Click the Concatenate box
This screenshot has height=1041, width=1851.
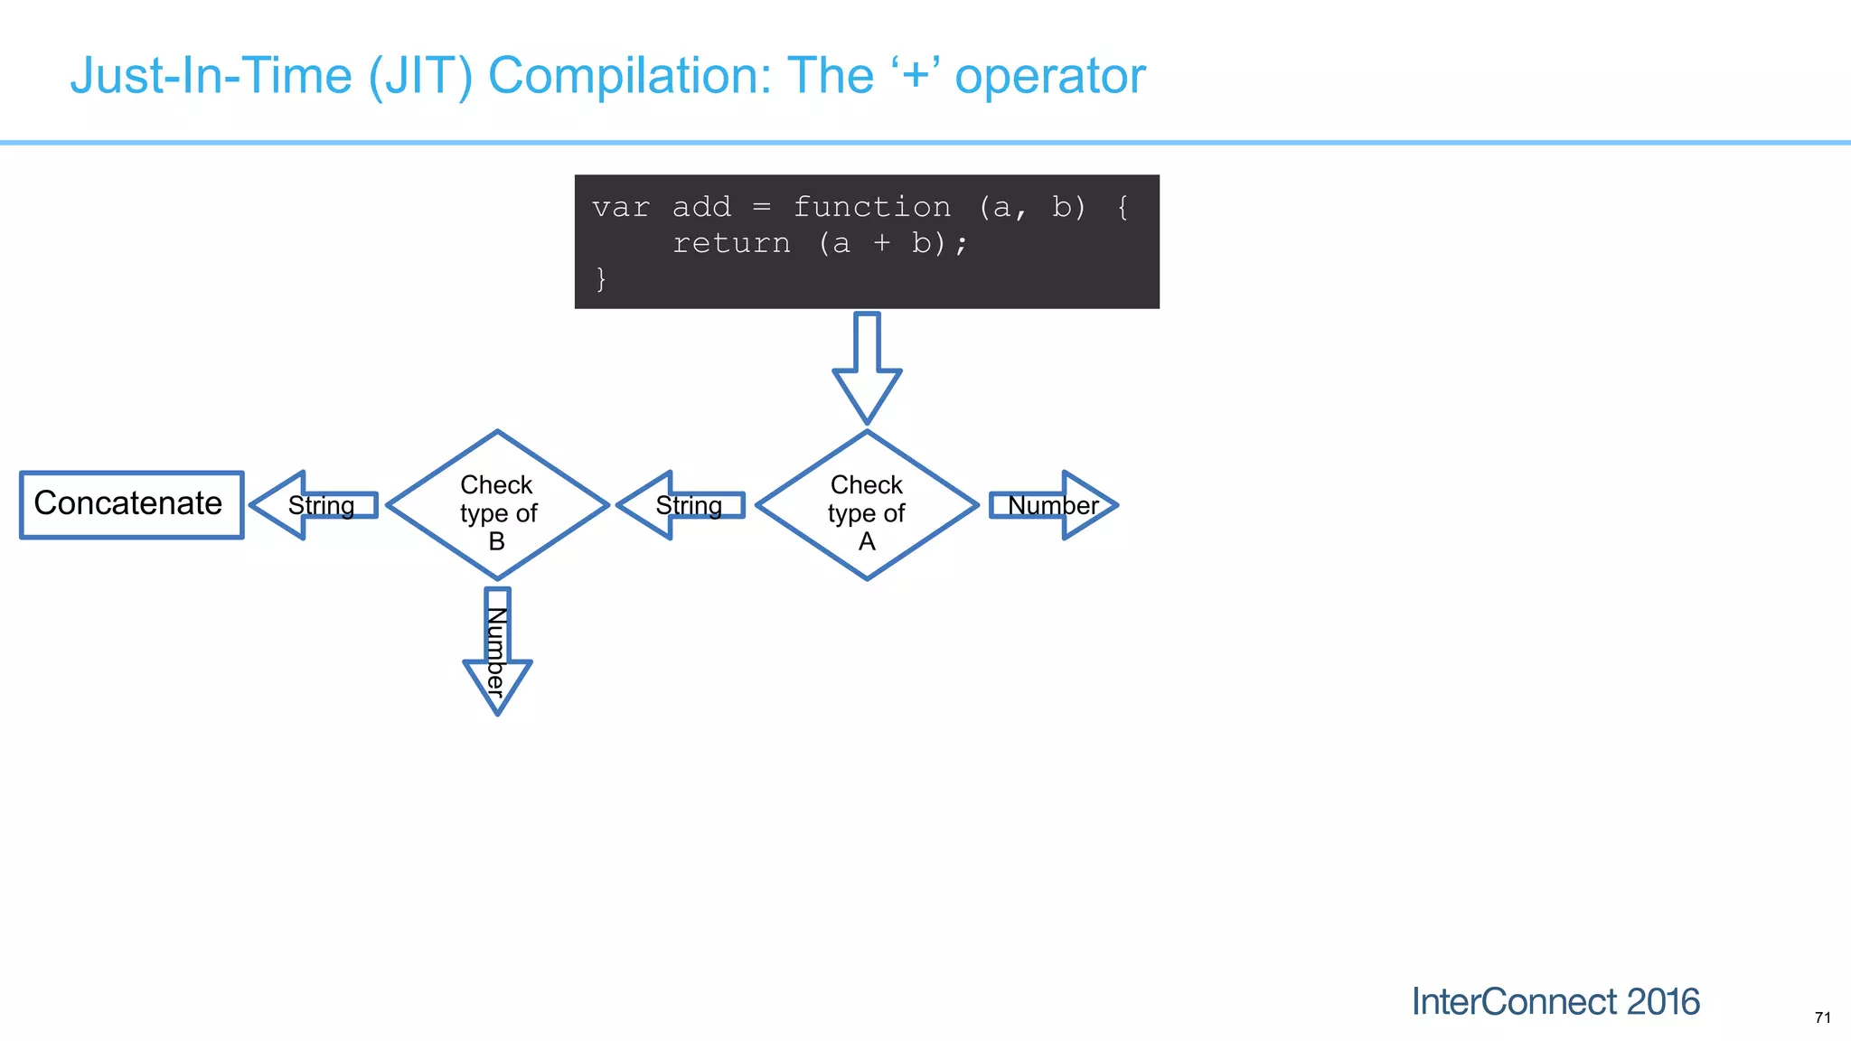[x=131, y=504]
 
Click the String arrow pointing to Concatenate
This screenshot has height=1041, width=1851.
[x=316, y=505]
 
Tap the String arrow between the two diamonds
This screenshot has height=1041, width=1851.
[x=684, y=505]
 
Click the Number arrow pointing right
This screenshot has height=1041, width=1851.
[x=1054, y=505]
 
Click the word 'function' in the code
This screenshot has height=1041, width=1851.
[x=871, y=208]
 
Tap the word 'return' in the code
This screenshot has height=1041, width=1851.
[x=731, y=244]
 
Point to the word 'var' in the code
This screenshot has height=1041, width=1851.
[x=621, y=208]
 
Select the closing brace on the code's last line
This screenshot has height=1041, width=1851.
[x=601, y=279]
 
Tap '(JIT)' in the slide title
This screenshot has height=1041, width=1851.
[x=420, y=76]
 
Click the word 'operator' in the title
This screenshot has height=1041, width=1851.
[x=1050, y=76]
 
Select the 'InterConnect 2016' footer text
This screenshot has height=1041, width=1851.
[x=1555, y=1001]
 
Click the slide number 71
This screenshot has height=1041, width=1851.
[x=1822, y=1018]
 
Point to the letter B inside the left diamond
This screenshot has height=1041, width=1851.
[x=496, y=541]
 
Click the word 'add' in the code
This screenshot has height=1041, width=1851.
[x=701, y=208]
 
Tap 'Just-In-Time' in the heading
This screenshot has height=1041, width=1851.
[x=211, y=76]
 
